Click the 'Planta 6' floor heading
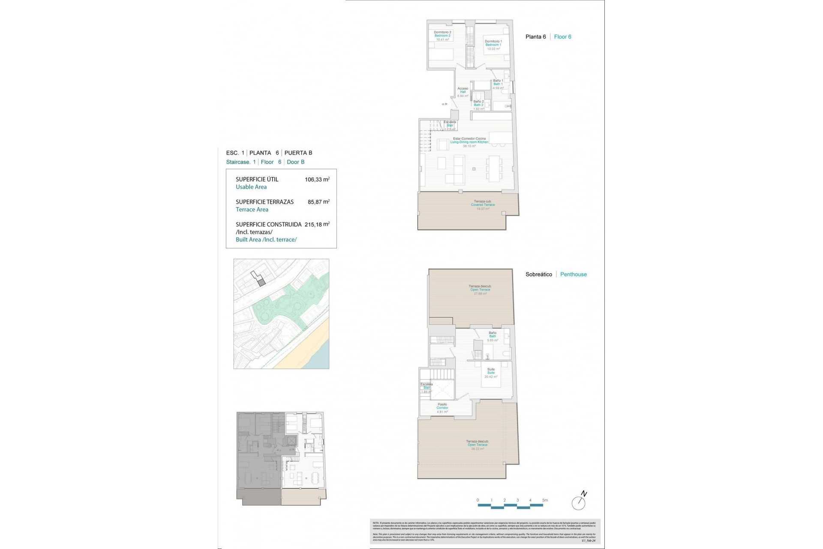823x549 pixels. tap(535, 37)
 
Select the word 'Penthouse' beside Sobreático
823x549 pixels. tap(573, 274)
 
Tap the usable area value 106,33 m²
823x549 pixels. tap(317, 180)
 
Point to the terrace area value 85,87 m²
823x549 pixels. tap(318, 202)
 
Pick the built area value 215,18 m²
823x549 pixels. tap(317, 224)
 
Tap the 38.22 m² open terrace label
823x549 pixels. tap(478, 445)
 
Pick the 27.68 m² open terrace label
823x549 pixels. tap(480, 290)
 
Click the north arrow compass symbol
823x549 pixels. tap(579, 502)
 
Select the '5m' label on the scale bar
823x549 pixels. tap(544, 500)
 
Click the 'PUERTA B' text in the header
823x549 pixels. tap(298, 153)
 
